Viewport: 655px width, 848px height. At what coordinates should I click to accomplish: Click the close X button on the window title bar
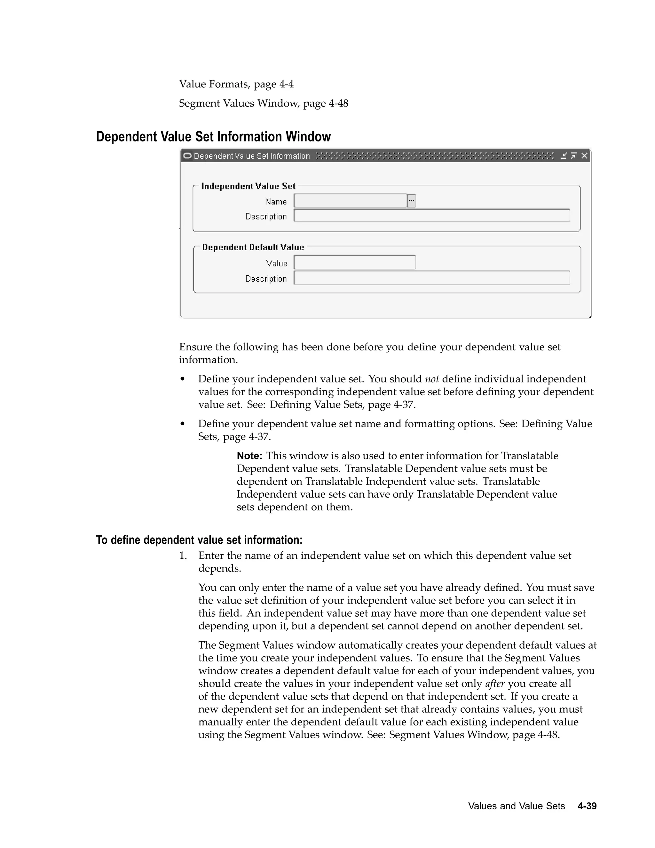584,156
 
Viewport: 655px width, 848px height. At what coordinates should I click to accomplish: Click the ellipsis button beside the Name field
411,201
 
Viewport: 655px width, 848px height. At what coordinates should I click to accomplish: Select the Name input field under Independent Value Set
350,201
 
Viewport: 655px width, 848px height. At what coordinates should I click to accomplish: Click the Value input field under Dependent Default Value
355,262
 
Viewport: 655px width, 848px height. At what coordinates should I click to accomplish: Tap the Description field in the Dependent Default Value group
431,278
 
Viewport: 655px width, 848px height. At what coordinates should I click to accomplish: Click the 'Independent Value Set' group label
248,186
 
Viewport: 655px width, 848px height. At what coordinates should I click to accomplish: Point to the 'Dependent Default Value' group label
253,247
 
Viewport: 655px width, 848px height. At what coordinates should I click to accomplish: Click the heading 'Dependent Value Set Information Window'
213,137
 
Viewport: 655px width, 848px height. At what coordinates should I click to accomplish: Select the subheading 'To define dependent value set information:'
199,540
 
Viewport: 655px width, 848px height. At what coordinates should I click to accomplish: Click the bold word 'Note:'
249,455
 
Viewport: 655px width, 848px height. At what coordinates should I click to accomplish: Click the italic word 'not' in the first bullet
432,379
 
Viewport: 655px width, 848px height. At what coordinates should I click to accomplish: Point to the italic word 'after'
495,684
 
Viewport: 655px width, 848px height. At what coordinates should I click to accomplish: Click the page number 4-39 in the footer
587,806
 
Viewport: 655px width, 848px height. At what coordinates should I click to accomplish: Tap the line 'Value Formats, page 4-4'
236,84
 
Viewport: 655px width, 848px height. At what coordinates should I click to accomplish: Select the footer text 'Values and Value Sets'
516,806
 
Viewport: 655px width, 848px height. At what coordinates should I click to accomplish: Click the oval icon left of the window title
187,156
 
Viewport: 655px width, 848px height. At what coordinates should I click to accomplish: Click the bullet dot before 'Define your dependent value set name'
182,424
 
